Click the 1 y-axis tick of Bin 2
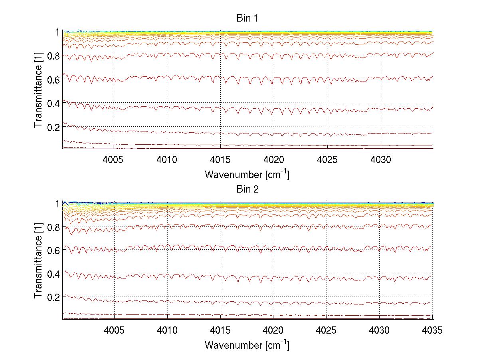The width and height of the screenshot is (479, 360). point(57,203)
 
